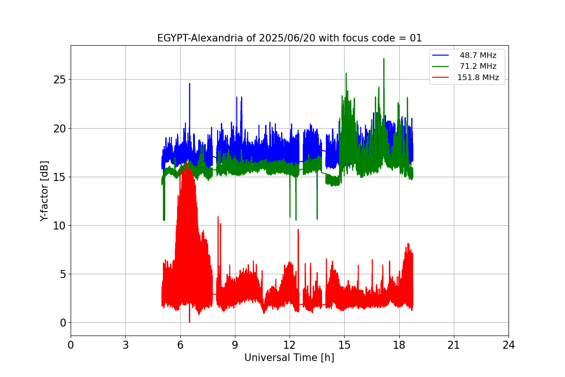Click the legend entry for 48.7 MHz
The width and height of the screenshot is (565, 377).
pos(478,56)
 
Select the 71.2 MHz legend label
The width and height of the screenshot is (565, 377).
pos(478,66)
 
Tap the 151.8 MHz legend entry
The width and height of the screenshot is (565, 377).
pos(478,78)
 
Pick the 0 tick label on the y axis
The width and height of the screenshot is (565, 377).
pos(63,323)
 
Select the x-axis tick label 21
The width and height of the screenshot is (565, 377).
pos(454,345)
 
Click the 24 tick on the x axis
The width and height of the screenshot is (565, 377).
pos(508,345)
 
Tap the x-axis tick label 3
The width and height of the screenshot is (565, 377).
pos(125,345)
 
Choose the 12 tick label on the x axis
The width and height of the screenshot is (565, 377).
pos(290,345)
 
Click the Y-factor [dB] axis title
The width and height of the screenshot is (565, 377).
pos(44,191)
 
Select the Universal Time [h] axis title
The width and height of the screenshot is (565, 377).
pos(289,358)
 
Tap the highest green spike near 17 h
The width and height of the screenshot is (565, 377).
pos(384,59)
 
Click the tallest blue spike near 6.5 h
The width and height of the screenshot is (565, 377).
pos(189,84)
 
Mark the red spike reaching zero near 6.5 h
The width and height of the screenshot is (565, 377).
pos(189,321)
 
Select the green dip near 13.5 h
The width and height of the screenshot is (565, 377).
pos(317,218)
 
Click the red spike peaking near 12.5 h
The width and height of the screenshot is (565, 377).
pos(298,230)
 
